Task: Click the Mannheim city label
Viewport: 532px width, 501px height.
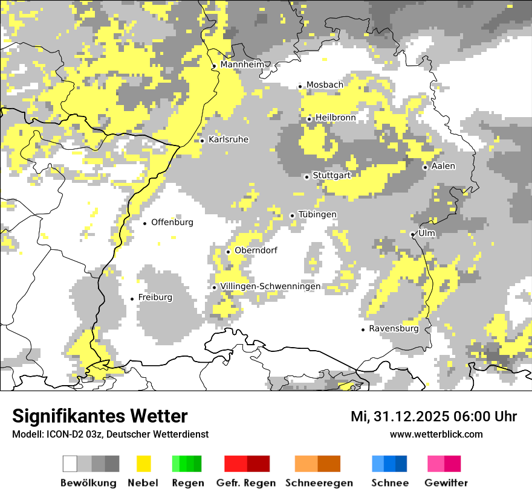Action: [242, 65]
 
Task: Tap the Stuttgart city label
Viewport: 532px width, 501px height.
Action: [331, 175]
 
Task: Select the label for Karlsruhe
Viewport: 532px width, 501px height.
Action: [228, 139]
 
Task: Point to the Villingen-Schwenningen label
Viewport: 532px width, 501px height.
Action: [270, 286]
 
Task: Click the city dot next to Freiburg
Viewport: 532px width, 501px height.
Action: [132, 299]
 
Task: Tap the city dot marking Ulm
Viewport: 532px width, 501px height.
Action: [412, 234]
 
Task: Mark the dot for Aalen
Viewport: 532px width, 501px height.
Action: [425, 167]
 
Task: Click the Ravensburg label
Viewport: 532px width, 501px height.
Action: [394, 328]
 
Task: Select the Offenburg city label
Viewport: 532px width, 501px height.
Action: [172, 222]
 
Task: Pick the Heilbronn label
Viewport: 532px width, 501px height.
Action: [336, 118]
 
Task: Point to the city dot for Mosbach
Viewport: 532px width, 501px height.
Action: [300, 86]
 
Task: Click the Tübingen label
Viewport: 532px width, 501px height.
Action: [317, 214]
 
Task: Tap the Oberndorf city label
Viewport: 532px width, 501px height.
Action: [256, 250]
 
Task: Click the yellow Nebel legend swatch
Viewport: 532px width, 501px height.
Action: [143, 464]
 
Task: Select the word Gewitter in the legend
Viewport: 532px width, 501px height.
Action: [446, 483]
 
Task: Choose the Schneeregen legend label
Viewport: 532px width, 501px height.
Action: [319, 483]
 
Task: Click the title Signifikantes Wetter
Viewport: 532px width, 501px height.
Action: [100, 416]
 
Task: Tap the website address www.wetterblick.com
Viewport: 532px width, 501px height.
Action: [436, 434]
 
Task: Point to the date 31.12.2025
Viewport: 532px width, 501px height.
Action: [410, 416]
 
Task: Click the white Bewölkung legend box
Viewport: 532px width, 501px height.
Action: [70, 464]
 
